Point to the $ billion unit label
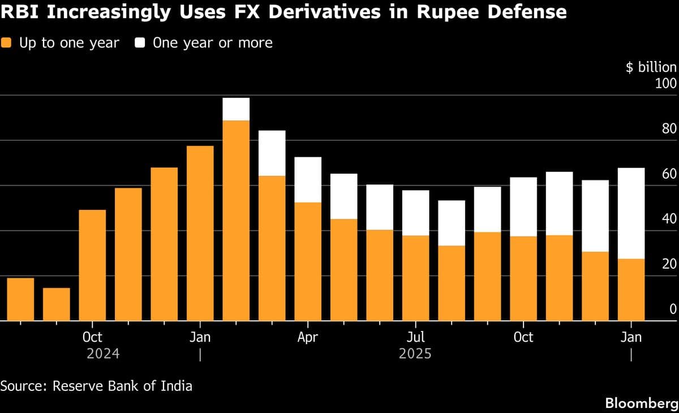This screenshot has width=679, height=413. coord(651,67)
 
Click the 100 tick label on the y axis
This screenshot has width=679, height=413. coord(665,84)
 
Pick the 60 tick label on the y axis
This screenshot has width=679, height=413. coord(669,174)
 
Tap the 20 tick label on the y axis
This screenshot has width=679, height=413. coord(669,264)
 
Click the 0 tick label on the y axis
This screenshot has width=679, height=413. coord(672,309)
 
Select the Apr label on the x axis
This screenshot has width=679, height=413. coord(308,338)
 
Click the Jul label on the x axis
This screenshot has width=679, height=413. coord(416,338)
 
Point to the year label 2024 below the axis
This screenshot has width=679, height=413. coord(103,354)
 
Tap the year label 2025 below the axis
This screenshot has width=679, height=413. coord(415,354)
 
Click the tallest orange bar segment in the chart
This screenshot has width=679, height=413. coord(236,221)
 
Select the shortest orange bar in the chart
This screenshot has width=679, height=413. coord(57,304)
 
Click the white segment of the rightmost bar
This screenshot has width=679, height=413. coord(631,213)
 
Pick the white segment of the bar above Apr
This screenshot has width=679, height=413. coord(308,179)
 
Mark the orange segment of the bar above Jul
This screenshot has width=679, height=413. coord(416,278)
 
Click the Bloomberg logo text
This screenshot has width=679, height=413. coord(641,403)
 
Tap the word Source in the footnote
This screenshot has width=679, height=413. coord(23,386)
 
